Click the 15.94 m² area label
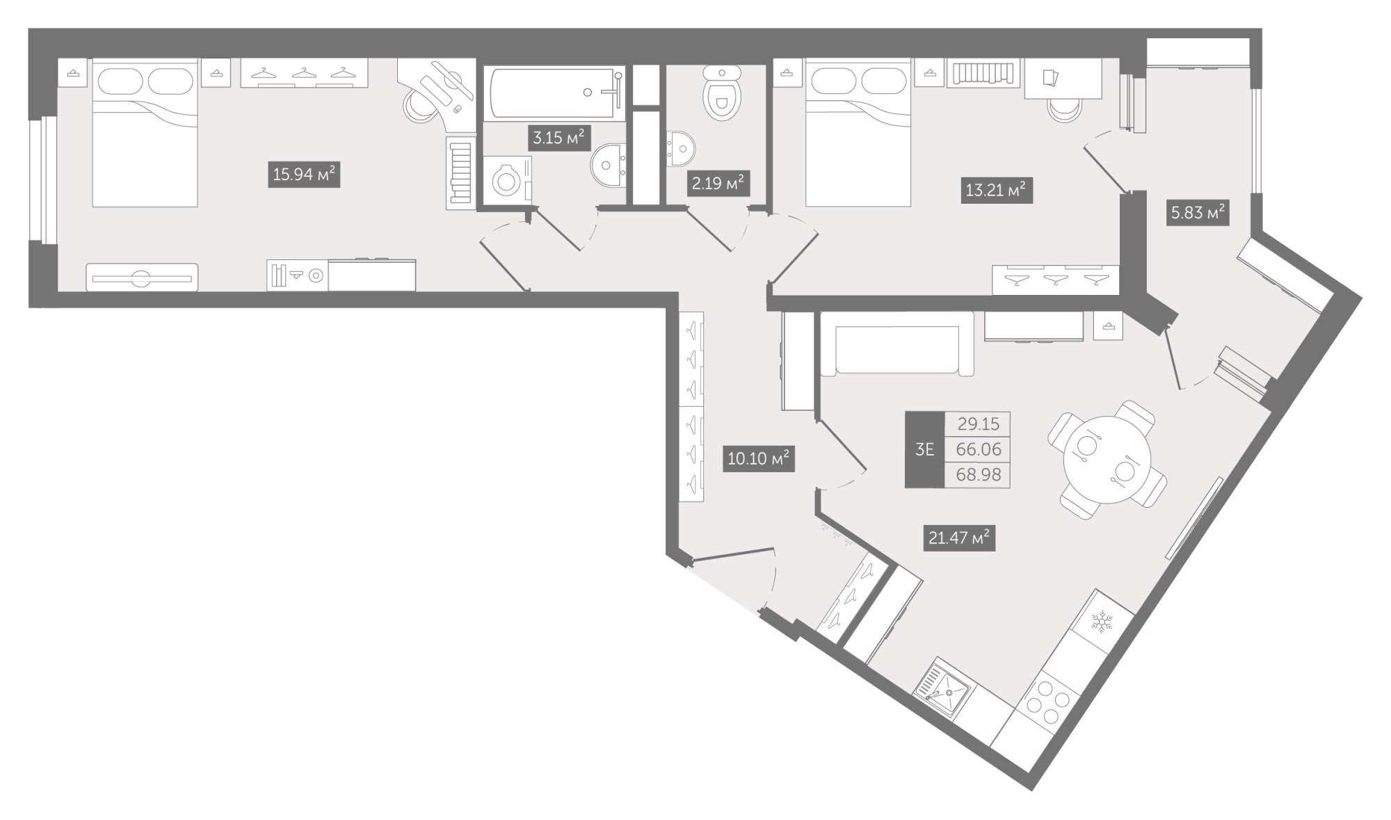(304, 174)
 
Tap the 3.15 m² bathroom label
(559, 138)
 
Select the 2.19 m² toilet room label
(718, 184)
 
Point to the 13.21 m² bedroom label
(997, 189)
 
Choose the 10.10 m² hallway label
(758, 458)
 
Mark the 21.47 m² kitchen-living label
(959, 538)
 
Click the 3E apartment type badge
(924, 450)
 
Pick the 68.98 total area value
(978, 475)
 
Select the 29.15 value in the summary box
(978, 424)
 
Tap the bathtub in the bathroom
(554, 92)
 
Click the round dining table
(1107, 459)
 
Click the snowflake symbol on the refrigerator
(1102, 620)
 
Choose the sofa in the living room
(897, 344)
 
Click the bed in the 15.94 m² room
(145, 133)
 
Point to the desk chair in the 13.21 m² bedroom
(1064, 108)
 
